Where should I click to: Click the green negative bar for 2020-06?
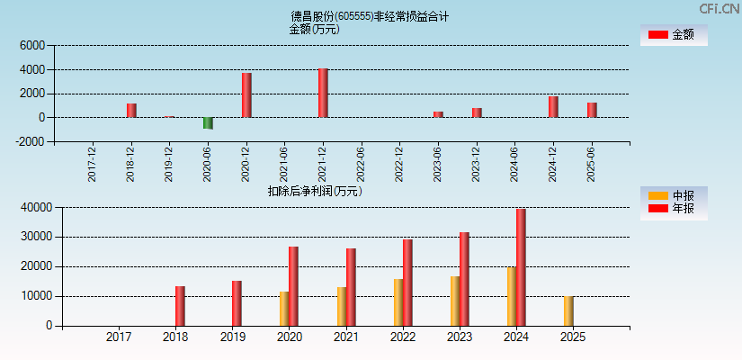(x=208, y=123)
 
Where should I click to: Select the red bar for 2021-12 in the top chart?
(x=323, y=93)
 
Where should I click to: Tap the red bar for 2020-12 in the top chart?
(x=246, y=95)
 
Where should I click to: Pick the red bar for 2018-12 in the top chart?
(x=131, y=111)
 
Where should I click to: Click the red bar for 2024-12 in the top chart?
(x=553, y=107)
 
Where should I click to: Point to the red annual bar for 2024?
(x=521, y=267)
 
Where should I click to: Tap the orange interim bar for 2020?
(x=284, y=308)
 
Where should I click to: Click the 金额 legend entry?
(x=674, y=35)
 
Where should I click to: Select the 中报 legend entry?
(x=674, y=195)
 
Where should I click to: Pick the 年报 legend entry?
(x=674, y=209)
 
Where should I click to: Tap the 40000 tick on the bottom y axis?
(x=35, y=207)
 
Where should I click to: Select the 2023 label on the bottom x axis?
(x=459, y=337)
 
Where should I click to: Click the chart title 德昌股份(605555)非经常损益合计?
(x=370, y=16)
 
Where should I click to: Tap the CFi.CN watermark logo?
(x=719, y=9)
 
